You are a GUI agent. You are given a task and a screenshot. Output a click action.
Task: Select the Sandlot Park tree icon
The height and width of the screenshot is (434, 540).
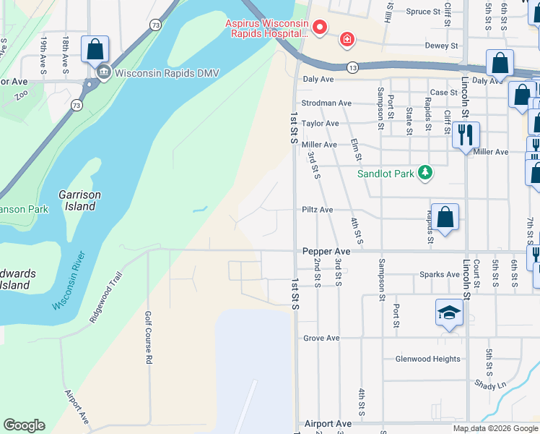click(x=426, y=172)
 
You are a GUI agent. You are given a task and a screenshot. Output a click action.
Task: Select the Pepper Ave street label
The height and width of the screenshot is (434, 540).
click(x=326, y=251)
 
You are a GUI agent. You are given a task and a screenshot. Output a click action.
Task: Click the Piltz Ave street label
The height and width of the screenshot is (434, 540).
click(x=317, y=210)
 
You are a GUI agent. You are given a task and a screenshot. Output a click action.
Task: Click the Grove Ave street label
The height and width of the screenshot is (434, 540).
click(x=321, y=338)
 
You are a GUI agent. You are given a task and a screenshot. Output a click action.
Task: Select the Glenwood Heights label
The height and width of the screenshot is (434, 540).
click(x=427, y=359)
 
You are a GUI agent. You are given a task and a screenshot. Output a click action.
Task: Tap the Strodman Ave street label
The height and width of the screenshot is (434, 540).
click(x=326, y=103)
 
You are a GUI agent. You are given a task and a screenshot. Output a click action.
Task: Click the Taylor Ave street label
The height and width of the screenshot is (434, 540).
click(x=320, y=124)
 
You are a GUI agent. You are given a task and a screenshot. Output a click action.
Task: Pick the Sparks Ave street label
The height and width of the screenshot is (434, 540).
click(x=441, y=275)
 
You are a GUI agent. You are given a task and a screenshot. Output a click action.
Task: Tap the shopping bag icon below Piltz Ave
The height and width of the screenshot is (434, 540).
click(x=445, y=216)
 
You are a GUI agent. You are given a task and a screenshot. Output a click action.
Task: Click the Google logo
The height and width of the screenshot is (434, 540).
click(x=24, y=425)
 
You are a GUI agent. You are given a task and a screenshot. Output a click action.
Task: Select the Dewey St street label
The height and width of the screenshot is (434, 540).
click(x=444, y=45)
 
